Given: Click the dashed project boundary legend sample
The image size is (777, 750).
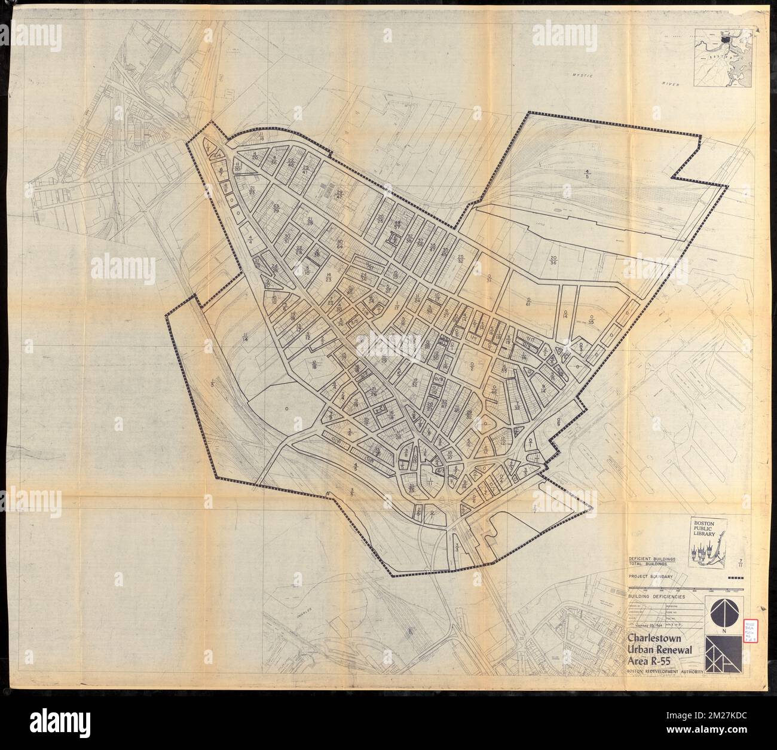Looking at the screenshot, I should tap(738, 577).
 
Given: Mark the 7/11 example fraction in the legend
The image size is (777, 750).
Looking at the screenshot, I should tap(741, 562).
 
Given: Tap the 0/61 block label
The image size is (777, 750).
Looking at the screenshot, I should tap(528, 301).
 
